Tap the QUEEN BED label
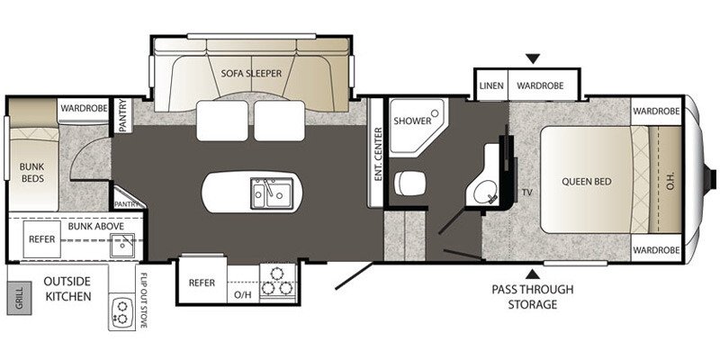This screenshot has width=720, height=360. tap(586, 181)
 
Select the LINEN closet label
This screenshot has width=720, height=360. tap(490, 85)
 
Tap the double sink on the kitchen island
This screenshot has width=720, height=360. tap(269, 192)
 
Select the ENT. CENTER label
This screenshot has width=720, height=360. tap(378, 153)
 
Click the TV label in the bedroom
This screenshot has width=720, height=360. tap(525, 192)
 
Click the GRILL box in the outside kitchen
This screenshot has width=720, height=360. tap(18, 297)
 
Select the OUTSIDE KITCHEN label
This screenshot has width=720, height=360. tap(67, 289)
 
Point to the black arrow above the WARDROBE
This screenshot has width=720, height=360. tap(535, 60)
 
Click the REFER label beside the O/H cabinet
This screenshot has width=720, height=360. tap(202, 283)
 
